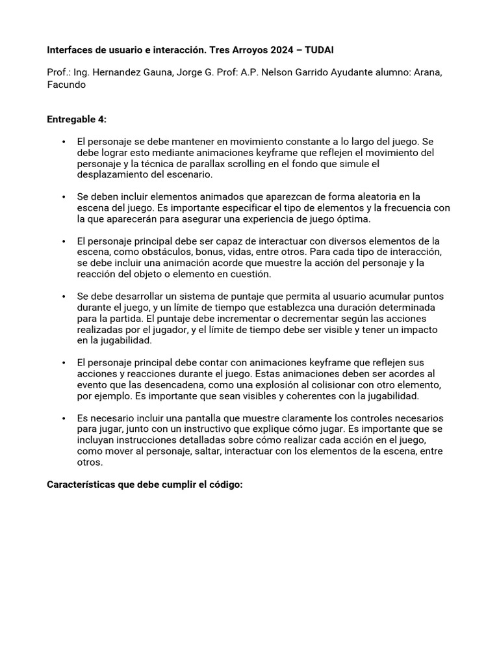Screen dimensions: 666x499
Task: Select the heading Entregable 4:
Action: (77, 119)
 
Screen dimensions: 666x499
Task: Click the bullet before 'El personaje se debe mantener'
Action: (64, 141)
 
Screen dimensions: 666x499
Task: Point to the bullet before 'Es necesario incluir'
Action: (64, 418)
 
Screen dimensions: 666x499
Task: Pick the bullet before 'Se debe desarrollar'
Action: (64, 297)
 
